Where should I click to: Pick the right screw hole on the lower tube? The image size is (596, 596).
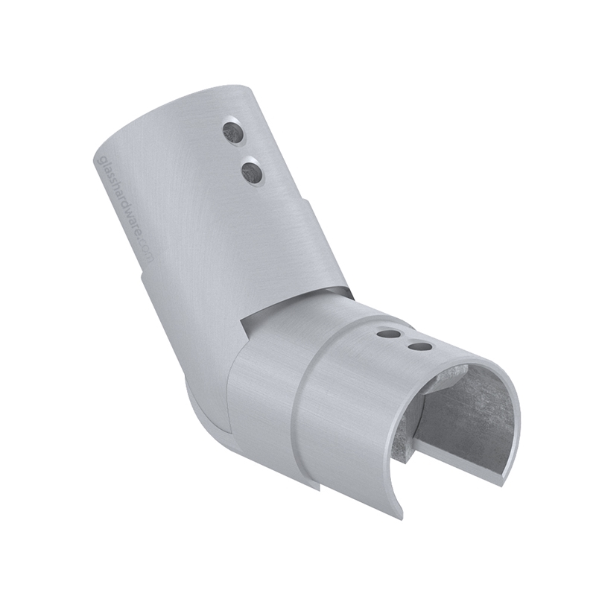click(x=420, y=346)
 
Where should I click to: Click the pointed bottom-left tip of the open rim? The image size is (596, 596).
click(x=399, y=514)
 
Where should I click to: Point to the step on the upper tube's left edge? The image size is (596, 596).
click(x=142, y=276)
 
